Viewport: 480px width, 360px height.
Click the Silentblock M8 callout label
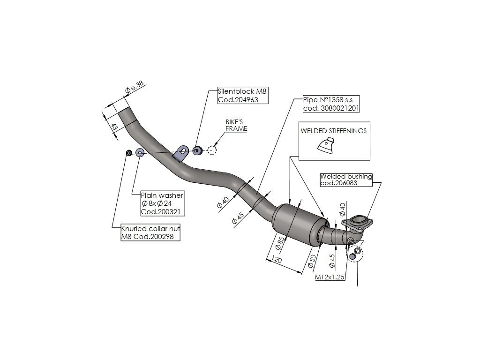coord(238,96)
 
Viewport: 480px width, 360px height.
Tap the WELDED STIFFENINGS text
coord(333,131)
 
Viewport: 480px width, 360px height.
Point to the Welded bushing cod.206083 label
coord(346,180)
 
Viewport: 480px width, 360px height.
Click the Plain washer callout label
coord(162,203)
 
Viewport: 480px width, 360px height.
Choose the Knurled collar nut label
coord(150,232)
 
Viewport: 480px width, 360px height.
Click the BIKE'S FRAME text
coord(236,125)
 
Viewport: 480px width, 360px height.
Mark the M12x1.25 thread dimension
coord(330,277)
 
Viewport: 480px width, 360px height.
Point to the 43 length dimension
coord(113,126)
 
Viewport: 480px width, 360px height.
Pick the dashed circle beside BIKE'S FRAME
coord(212,150)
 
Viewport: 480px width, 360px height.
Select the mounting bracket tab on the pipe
coord(181,152)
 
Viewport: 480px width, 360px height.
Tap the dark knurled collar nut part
coord(129,153)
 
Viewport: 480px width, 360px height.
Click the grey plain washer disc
coord(140,152)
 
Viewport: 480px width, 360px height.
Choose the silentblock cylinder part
coord(197,150)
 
